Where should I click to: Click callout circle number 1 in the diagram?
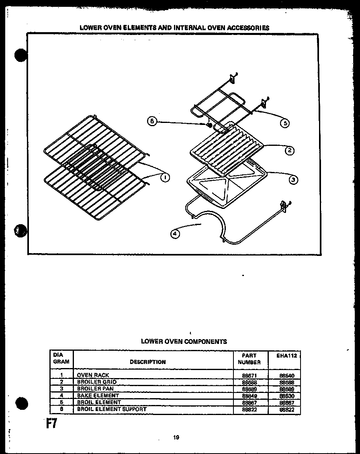[x=164, y=177]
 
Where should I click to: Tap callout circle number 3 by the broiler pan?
[x=293, y=180]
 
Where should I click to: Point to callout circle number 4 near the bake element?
[x=175, y=233]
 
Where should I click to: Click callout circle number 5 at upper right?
[x=284, y=123]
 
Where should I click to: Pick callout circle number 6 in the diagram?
[x=151, y=121]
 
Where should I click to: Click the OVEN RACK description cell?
[x=93, y=375]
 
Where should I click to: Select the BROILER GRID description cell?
[x=96, y=382]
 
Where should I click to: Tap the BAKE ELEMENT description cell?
[x=98, y=395]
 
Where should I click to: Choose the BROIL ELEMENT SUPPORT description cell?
[x=112, y=409]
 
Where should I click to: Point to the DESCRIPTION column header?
[x=147, y=362]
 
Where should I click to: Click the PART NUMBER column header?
[x=249, y=359]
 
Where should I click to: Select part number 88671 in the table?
[x=249, y=375]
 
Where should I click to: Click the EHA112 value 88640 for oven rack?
[x=286, y=375]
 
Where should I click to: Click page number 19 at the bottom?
[x=176, y=438]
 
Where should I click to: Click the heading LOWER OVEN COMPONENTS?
[x=184, y=342]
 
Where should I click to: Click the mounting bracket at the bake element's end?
[x=284, y=205]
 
